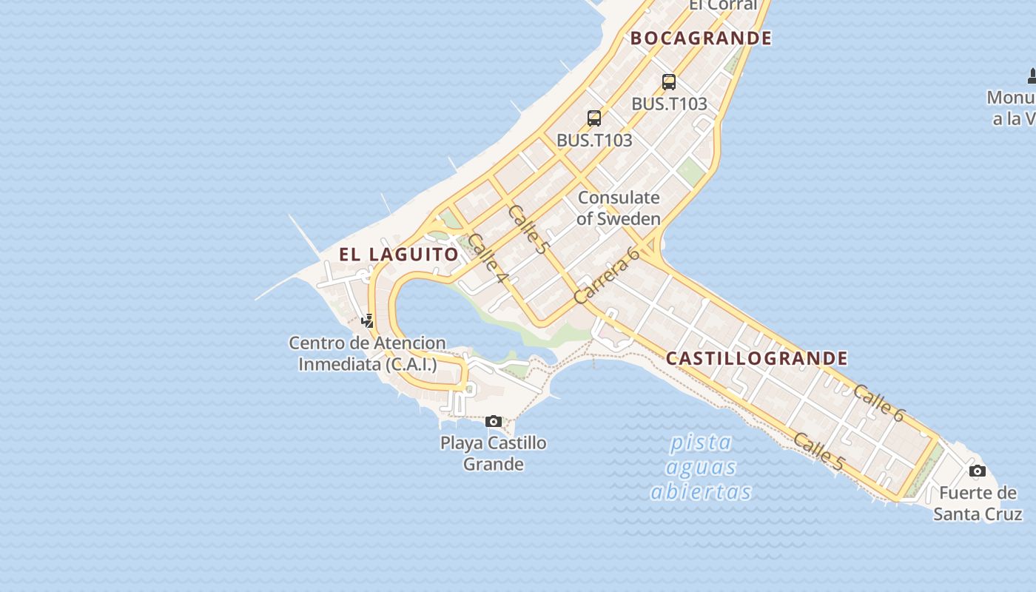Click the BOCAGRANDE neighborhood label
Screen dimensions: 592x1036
[701, 38]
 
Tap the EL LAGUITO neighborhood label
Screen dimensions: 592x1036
[399, 255]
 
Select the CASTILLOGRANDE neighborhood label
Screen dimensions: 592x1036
[756, 359]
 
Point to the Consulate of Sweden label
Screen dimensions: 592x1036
[618, 208]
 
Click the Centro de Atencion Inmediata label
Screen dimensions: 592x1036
[367, 354]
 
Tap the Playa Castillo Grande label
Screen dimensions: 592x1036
[493, 454]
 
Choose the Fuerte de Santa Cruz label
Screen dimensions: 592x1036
[977, 504]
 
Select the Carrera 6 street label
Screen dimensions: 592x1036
[607, 275]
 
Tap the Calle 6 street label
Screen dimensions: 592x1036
[878, 403]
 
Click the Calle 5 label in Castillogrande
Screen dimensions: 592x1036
[818, 452]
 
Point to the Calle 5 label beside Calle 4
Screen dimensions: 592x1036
[528, 229]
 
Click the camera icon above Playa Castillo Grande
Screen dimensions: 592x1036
[494, 422]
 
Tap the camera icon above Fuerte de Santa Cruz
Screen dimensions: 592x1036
[978, 471]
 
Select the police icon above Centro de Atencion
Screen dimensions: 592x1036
[367, 321]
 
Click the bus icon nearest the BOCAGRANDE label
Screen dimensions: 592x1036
[669, 82]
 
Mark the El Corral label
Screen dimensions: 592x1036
[722, 4]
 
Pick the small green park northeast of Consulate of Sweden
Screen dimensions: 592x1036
[691, 172]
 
